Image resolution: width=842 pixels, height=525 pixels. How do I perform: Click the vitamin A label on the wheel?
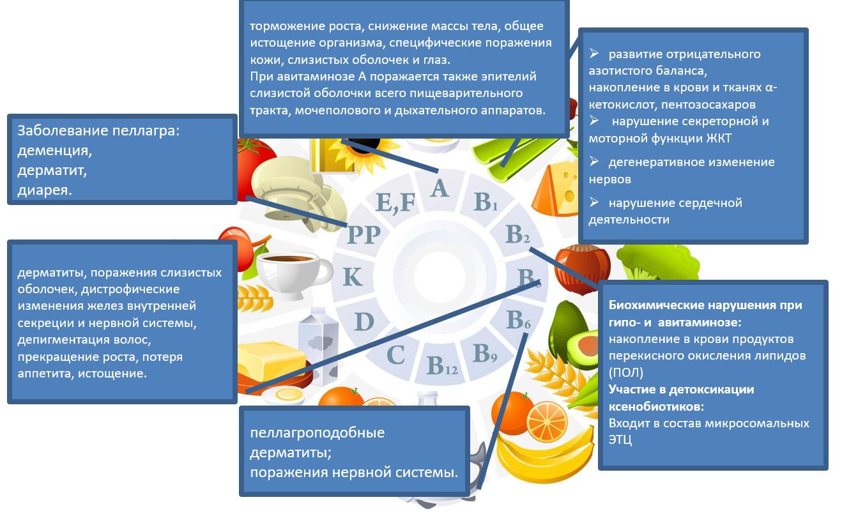pos(440,188)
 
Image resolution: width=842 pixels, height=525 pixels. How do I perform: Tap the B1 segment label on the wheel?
pos(486,202)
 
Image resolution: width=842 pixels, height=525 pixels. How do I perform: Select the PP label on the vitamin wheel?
pos(364,235)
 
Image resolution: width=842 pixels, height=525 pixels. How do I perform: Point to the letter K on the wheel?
pos(353,277)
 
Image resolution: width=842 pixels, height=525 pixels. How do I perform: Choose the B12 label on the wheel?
pos(442,365)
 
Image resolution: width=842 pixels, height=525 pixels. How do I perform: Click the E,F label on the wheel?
pos(395,203)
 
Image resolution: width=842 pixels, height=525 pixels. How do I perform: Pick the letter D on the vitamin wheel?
pos(364,322)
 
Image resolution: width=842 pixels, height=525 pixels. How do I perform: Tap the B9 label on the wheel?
pos(485,353)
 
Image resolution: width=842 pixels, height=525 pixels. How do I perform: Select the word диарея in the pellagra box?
pos(44,190)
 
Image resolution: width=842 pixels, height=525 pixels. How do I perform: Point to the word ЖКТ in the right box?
pos(719,139)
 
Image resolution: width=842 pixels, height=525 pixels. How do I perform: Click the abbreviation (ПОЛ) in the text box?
pos(626,372)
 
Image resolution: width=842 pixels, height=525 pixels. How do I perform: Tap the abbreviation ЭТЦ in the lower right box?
pos(620,439)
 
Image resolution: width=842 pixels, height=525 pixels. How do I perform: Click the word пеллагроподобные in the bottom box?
pos(318,433)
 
